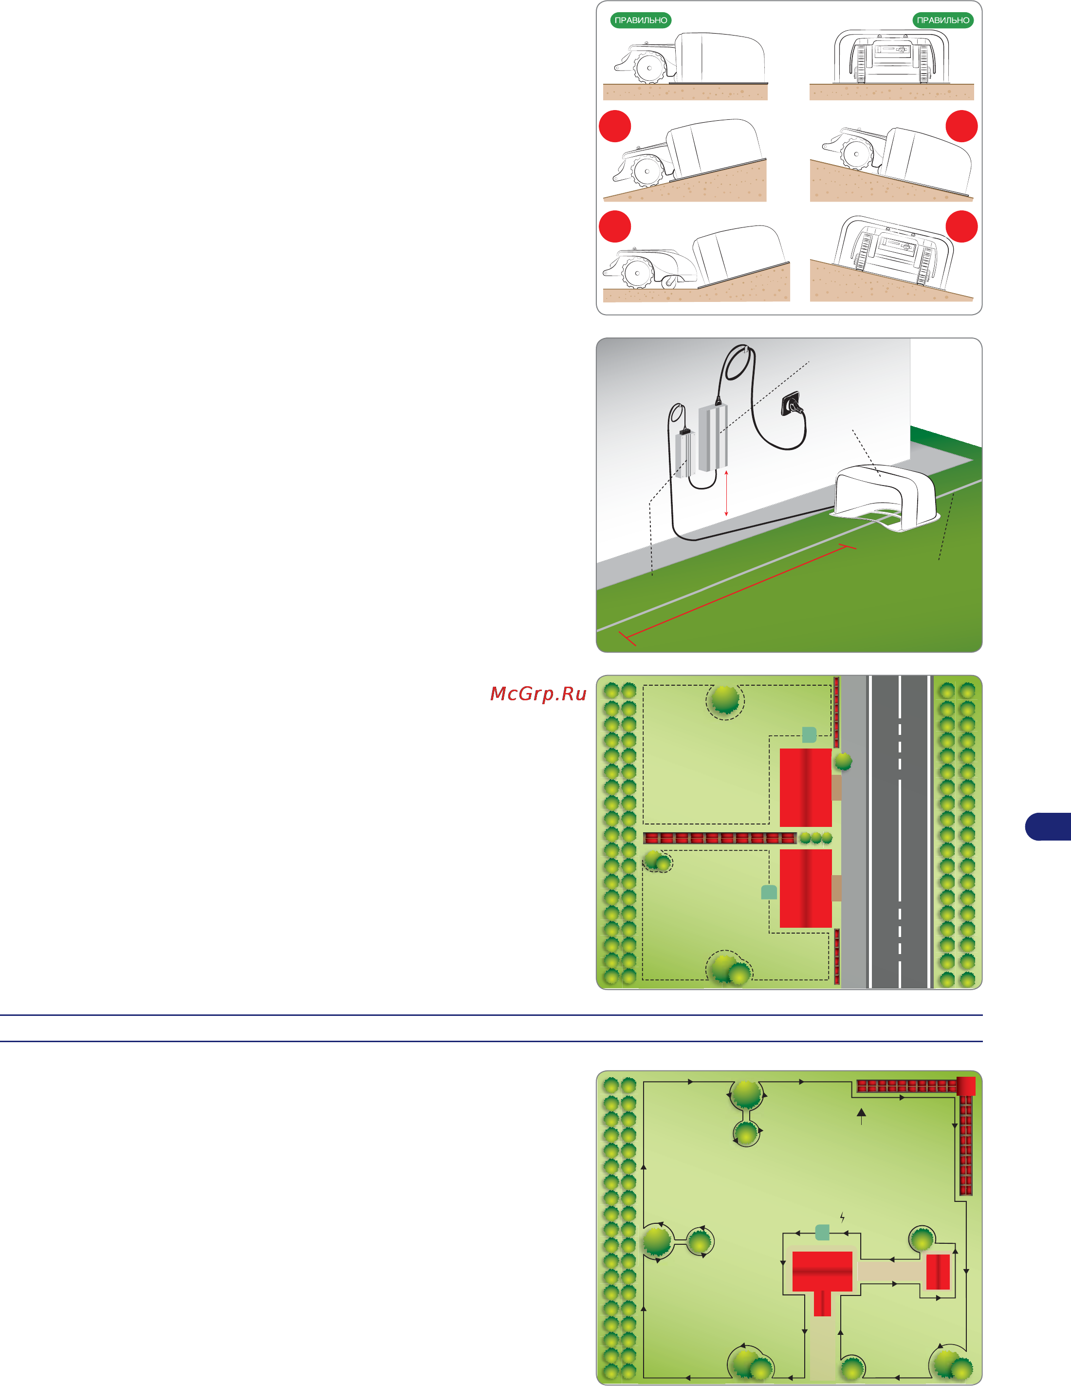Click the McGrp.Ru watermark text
[x=538, y=693]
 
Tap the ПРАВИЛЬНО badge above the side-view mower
[x=641, y=20]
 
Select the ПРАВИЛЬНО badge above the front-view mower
[x=943, y=20]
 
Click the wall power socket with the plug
[x=792, y=404]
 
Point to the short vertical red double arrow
[x=726, y=493]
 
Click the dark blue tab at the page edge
[x=1048, y=826]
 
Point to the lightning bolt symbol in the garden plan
[x=842, y=1217]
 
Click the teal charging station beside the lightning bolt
[x=822, y=1233]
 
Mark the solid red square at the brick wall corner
[x=966, y=1086]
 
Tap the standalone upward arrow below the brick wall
[x=861, y=1116]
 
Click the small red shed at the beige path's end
[x=938, y=1272]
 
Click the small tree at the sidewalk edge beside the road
[x=843, y=761]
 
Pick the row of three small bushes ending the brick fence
[x=815, y=838]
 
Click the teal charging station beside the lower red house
[x=769, y=892]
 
